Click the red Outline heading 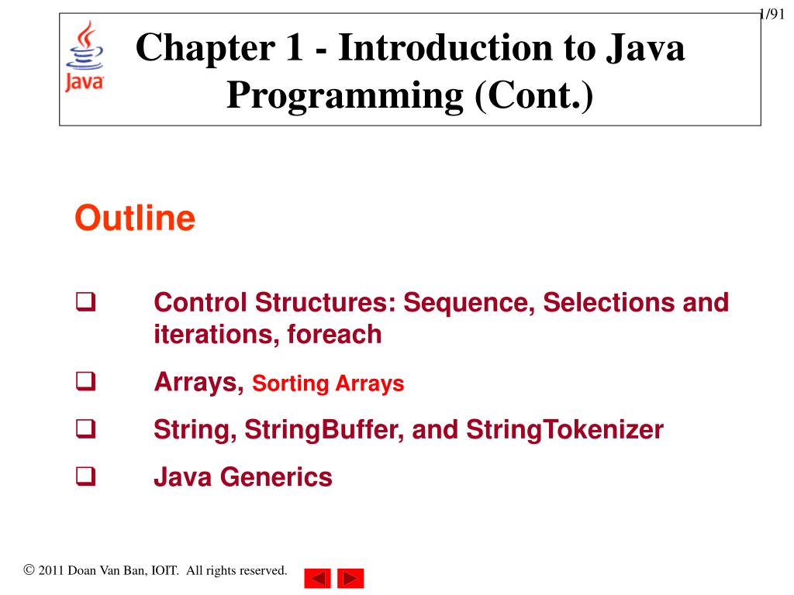pos(134,219)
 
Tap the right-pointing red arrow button pos(350,578)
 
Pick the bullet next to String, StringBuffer pos(84,429)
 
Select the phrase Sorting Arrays pos(329,383)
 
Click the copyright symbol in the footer pos(29,571)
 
